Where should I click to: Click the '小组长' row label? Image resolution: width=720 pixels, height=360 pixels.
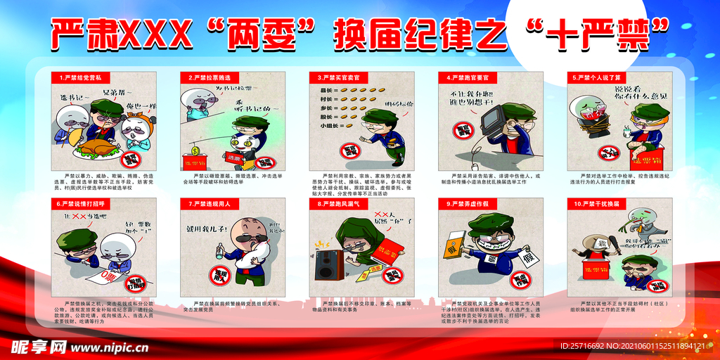pyautogui.click(x=327, y=125)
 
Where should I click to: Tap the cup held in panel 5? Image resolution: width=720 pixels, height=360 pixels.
pyautogui.click(x=624, y=131)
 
